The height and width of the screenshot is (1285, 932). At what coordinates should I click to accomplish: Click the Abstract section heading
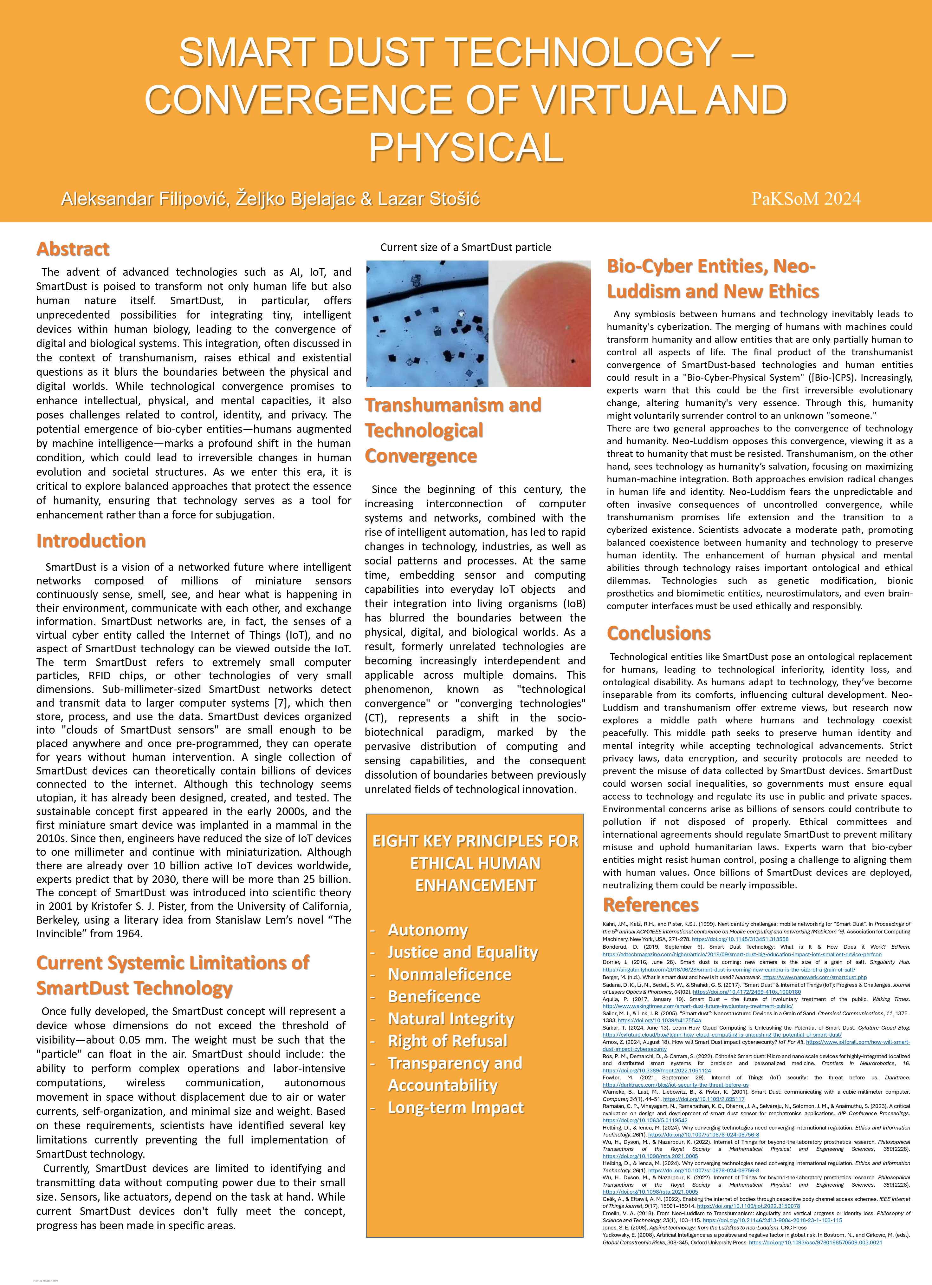[73, 249]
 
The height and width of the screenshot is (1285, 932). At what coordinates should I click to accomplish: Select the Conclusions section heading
[658, 633]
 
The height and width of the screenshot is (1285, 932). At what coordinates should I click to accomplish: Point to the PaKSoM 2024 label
[806, 199]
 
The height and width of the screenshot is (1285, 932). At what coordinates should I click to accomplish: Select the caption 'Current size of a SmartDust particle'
[465, 247]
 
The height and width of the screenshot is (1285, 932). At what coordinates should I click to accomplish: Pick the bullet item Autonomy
[428, 930]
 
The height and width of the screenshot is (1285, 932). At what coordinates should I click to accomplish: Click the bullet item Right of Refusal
[447, 1041]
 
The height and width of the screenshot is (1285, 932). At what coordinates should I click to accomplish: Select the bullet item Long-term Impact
[456, 1108]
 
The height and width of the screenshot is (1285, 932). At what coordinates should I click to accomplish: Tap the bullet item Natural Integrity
[451, 1019]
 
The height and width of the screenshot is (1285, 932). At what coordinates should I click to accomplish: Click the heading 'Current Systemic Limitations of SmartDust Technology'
[173, 974]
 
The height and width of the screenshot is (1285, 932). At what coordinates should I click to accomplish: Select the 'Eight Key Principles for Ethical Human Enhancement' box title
[475, 863]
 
